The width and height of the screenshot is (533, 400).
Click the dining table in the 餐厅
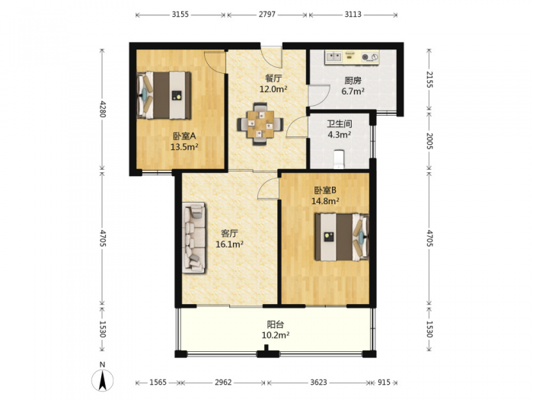click(x=260, y=123)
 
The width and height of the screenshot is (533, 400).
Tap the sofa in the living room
click(x=193, y=238)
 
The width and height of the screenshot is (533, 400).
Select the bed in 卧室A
click(x=164, y=95)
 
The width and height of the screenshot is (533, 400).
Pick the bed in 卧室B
click(x=342, y=237)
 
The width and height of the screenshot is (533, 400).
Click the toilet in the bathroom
click(x=339, y=159)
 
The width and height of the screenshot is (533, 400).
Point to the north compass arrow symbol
click(x=102, y=380)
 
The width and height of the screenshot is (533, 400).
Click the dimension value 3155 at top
click(x=180, y=14)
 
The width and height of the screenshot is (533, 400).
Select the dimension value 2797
click(x=267, y=14)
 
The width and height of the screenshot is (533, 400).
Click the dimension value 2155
click(x=429, y=79)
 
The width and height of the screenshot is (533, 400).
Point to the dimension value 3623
click(x=318, y=382)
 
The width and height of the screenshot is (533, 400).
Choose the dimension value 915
click(x=384, y=382)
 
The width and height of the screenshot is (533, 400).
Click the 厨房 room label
click(x=353, y=81)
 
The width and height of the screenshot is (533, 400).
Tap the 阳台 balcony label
click(x=276, y=325)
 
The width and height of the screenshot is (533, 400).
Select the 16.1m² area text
click(x=229, y=244)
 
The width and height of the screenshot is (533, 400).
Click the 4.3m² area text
click(x=340, y=135)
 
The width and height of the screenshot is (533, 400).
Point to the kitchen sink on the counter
click(x=334, y=56)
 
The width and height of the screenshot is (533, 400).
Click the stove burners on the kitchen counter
click(x=370, y=57)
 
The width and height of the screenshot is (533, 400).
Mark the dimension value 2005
click(x=429, y=141)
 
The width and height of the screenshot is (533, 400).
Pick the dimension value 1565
click(x=158, y=382)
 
